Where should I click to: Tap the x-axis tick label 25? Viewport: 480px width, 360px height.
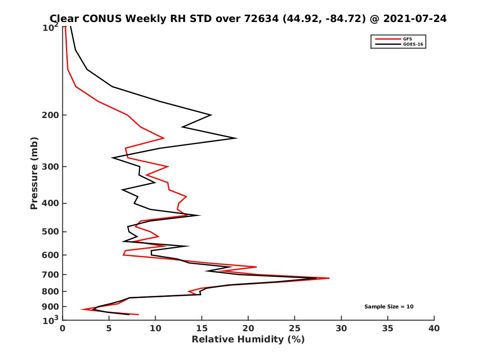coord(295,329)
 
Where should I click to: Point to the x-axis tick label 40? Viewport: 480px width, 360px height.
coord(434,329)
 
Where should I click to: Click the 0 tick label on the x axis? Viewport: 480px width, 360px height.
coord(63,329)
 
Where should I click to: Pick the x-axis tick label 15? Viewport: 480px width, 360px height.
coord(202,329)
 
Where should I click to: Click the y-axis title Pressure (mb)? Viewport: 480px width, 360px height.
coord(34,173)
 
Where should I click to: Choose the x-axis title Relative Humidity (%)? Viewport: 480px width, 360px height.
coord(248,340)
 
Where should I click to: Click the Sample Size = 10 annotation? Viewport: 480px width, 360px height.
coord(389,307)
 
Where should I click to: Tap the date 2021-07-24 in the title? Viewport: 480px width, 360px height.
coord(414,18)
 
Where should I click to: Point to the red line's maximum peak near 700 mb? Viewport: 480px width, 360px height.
coord(329,278)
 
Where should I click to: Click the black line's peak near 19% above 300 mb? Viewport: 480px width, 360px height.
coord(237,138)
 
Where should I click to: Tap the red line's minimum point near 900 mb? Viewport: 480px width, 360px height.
coord(82,309)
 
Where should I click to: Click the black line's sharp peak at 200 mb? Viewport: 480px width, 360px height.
coord(211,115)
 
